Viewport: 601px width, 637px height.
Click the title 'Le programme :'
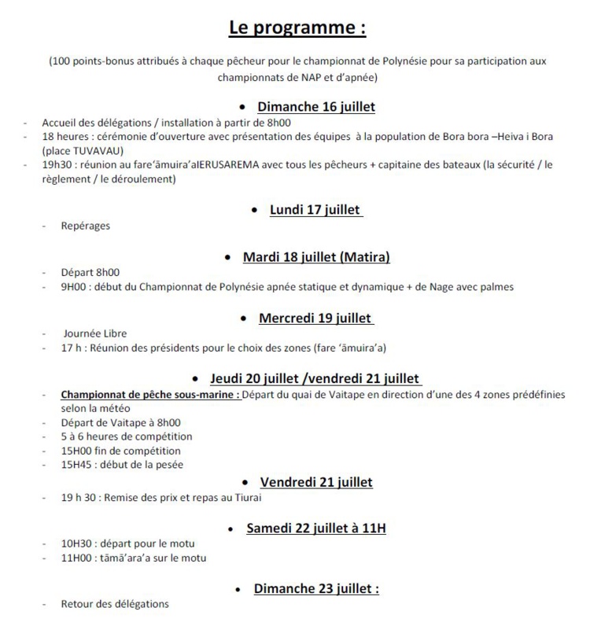point(297,29)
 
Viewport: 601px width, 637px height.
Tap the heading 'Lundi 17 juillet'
point(315,210)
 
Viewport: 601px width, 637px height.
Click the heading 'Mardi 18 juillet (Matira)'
point(316,258)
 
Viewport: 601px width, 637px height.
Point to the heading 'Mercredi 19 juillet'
point(315,318)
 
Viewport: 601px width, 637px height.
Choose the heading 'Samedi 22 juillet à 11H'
point(315,528)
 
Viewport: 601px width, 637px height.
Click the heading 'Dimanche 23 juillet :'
point(315,588)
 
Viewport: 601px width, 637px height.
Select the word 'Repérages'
point(86,226)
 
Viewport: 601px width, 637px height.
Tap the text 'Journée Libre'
point(94,333)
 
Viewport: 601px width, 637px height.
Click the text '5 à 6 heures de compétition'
point(126,436)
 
